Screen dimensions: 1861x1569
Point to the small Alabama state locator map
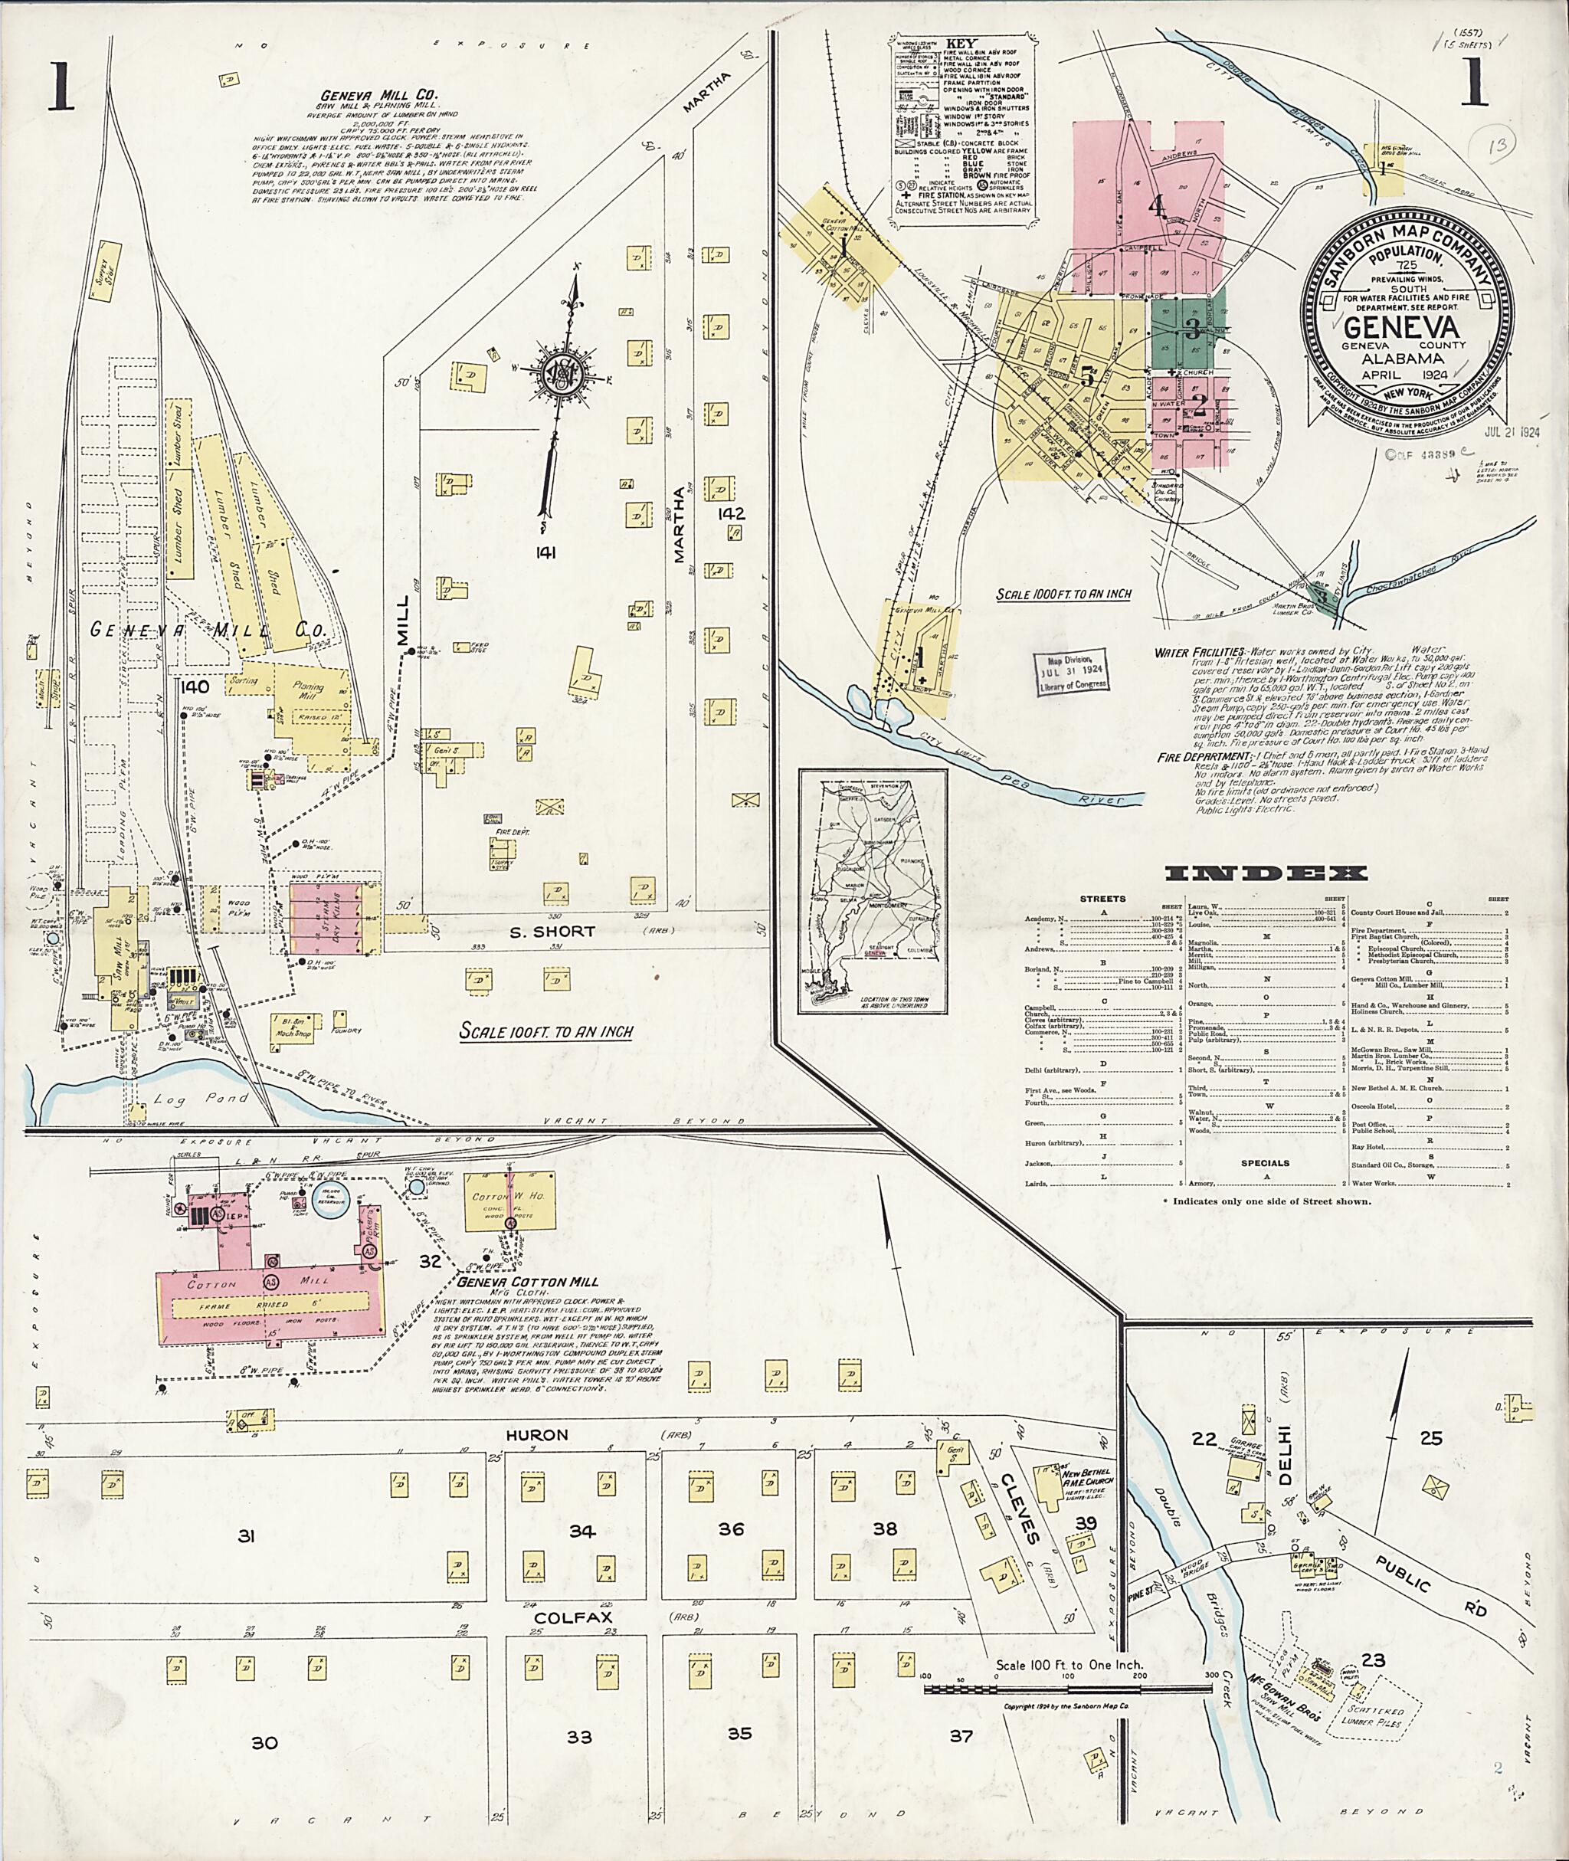coord(877,890)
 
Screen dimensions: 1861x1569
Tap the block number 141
coord(546,553)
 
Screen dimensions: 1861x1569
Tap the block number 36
coord(731,1529)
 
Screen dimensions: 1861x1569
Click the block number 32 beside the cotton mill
coord(431,1260)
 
